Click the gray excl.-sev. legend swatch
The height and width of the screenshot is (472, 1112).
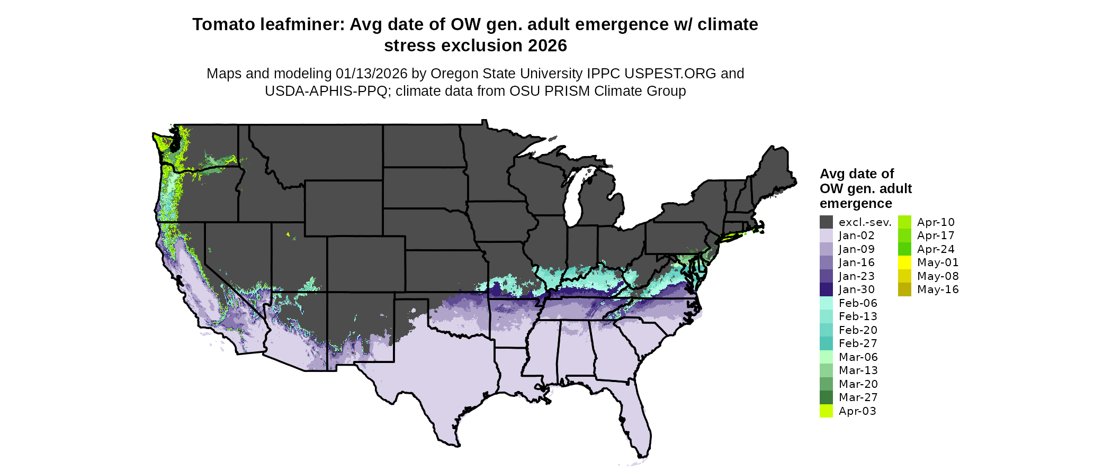(826, 222)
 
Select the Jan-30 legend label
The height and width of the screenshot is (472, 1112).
(856, 289)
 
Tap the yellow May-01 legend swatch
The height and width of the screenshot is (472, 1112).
(904, 262)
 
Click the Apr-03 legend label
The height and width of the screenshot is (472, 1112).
(857, 411)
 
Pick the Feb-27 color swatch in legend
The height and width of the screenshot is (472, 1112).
(826, 343)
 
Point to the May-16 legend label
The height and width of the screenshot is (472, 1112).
(937, 289)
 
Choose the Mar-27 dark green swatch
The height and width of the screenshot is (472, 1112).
(826, 397)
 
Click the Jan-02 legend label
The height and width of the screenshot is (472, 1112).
(856, 235)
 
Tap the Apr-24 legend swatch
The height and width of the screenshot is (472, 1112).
(904, 249)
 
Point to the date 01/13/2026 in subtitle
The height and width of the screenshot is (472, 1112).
(371, 74)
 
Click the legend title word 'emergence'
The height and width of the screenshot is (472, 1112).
(856, 204)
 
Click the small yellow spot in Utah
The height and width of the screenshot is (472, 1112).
(288, 234)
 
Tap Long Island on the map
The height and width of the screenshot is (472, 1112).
(736, 237)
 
